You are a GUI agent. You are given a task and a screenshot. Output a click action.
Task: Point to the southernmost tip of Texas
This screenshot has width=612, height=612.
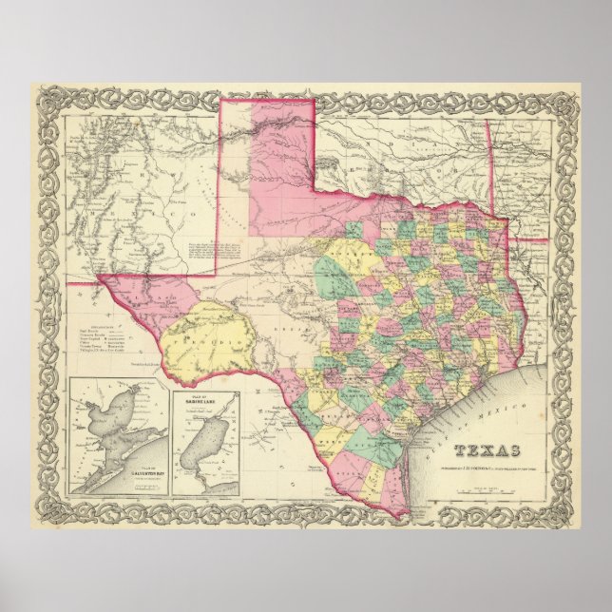[404, 513]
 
